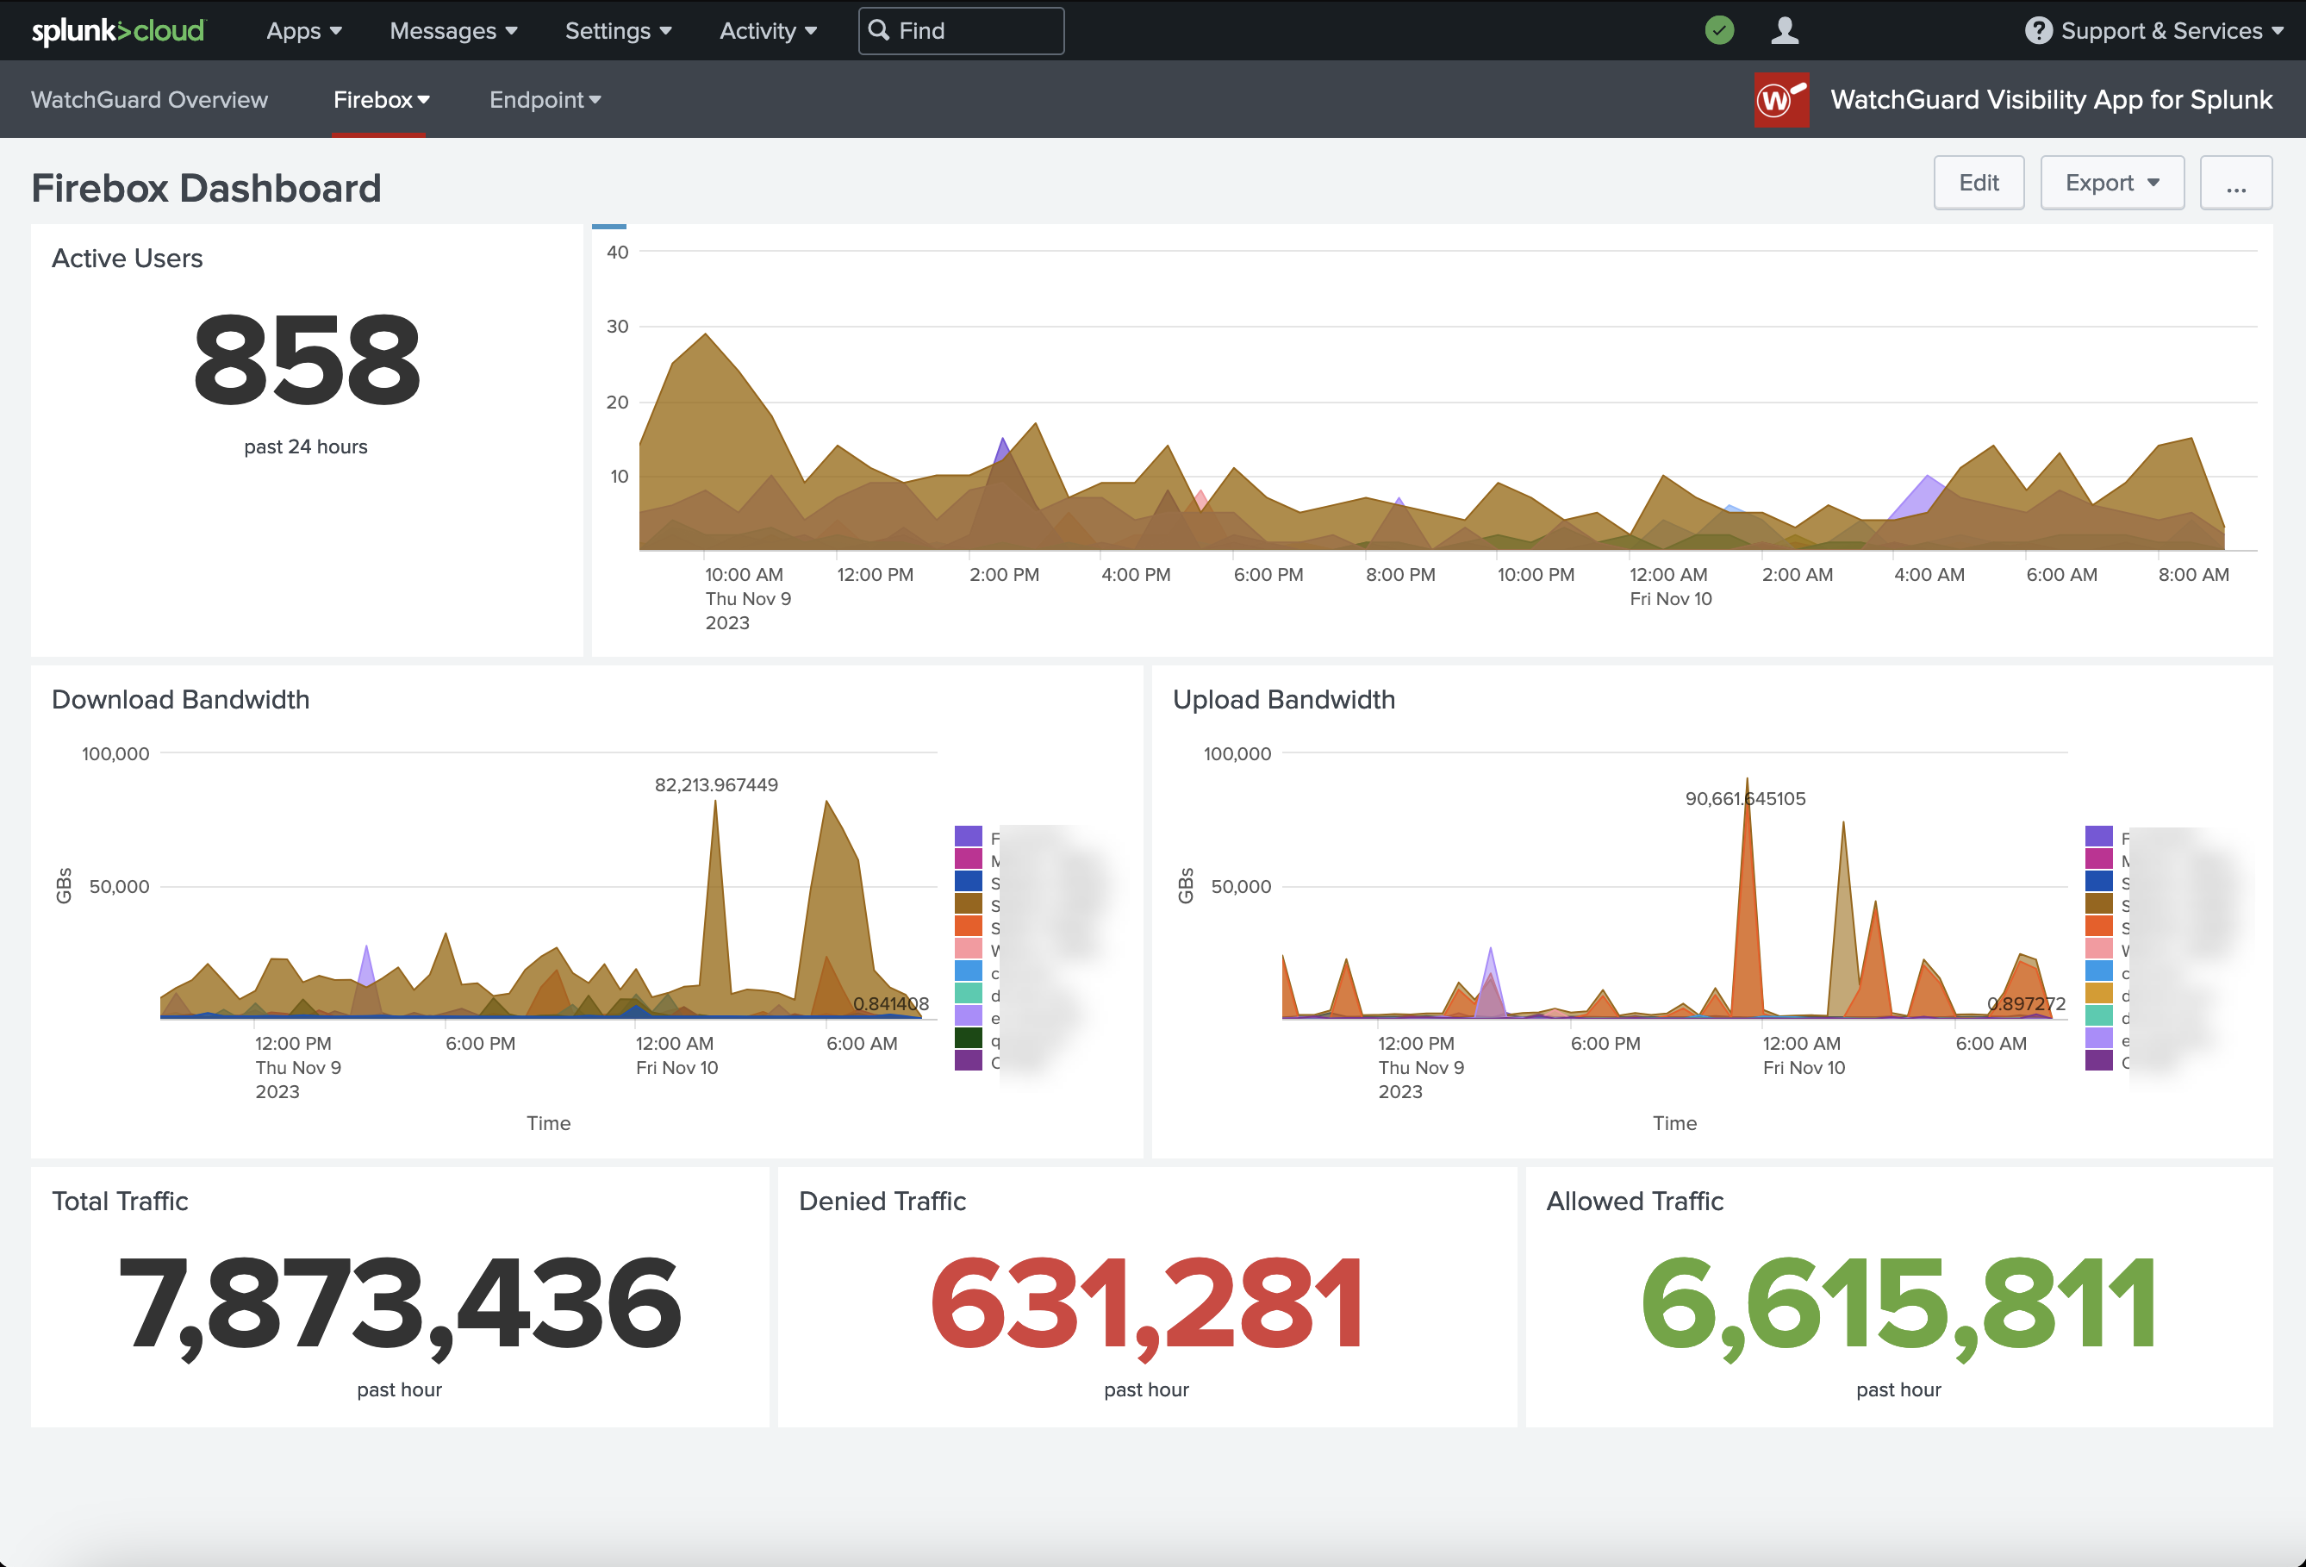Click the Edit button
[x=1978, y=183]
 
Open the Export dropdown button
[x=2110, y=183]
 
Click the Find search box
[x=961, y=31]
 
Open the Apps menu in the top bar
[x=303, y=31]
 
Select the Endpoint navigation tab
[x=545, y=100]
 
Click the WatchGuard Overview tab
[x=150, y=100]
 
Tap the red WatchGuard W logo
[x=1780, y=100]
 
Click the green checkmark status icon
[x=1718, y=31]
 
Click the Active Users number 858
[x=307, y=360]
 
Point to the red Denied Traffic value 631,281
[x=1146, y=1303]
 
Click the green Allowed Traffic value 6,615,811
[x=1898, y=1303]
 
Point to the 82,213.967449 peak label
[x=715, y=785]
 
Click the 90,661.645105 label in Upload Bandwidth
[x=1744, y=799]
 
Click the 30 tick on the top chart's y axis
[x=617, y=327]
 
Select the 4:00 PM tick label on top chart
[x=1135, y=575]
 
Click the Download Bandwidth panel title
[x=181, y=700]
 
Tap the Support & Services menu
[x=2153, y=31]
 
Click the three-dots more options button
[x=2234, y=184]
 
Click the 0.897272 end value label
[x=2025, y=1004]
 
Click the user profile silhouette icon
[x=1784, y=31]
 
